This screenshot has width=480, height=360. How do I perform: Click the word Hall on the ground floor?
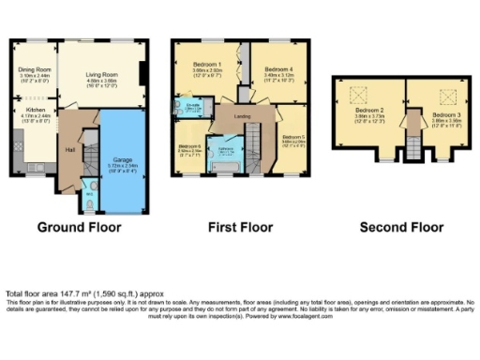[69, 149]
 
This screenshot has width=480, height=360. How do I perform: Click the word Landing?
[241, 116]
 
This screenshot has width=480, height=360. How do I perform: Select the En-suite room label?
[191, 106]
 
